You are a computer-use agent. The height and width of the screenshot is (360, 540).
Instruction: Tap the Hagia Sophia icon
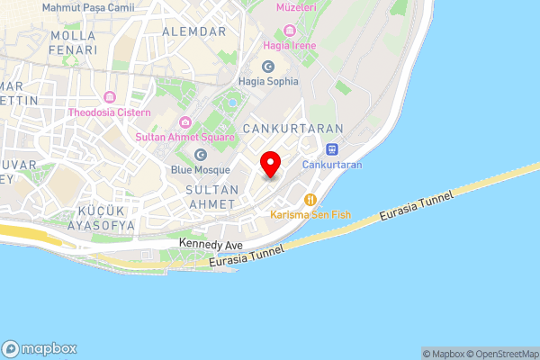click(x=267, y=67)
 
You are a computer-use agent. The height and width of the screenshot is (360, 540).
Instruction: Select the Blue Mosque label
click(x=200, y=169)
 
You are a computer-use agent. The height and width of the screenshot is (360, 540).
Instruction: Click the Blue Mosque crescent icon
click(x=200, y=155)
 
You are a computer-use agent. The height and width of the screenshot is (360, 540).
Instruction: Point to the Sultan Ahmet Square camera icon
click(x=185, y=122)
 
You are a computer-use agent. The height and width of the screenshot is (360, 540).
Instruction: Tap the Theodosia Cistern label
click(x=111, y=112)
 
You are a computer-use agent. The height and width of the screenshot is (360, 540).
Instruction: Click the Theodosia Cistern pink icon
click(x=111, y=97)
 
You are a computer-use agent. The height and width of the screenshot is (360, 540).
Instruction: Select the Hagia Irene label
click(x=290, y=45)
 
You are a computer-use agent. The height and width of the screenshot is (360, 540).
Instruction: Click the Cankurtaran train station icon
click(x=332, y=149)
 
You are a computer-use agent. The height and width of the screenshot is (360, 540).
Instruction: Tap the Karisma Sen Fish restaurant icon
click(x=310, y=200)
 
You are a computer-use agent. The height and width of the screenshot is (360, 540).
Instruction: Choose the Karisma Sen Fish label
click(x=310, y=215)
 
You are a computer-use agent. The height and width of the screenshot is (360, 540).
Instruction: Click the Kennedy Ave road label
click(x=211, y=244)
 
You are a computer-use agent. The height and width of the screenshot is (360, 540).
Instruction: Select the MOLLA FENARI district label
click(x=74, y=43)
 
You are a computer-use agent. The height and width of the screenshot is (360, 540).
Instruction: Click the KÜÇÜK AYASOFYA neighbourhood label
click(x=106, y=217)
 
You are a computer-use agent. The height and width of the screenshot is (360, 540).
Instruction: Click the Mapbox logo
click(x=40, y=348)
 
